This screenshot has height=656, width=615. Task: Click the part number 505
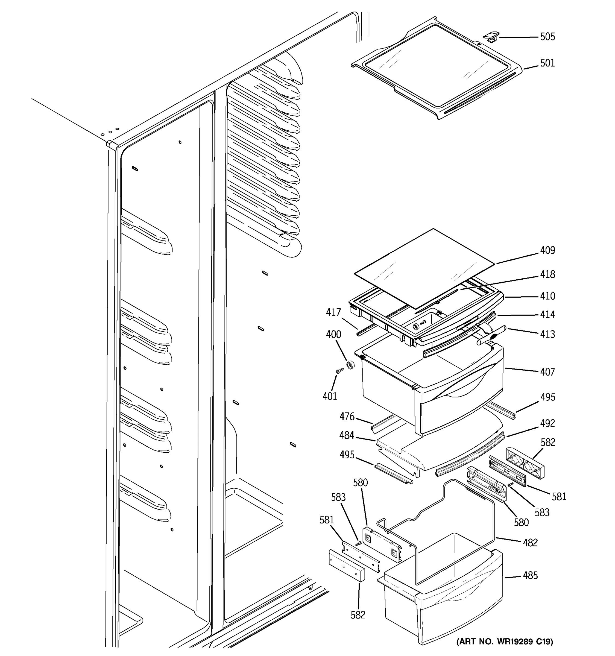tap(547, 37)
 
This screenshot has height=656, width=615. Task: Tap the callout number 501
tap(547, 63)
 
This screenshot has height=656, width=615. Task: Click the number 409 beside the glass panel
tap(547, 250)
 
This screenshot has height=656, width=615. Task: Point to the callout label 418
tap(547, 274)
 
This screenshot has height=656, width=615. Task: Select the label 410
tap(547, 296)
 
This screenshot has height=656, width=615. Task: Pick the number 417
tap(333, 312)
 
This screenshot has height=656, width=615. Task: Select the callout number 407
tap(547, 372)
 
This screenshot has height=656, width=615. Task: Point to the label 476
tap(347, 417)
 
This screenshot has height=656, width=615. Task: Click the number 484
tap(347, 436)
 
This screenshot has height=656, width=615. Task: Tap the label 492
tap(547, 423)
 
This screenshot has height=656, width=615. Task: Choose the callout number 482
tap(530, 543)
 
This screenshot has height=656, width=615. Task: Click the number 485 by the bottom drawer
tap(530, 575)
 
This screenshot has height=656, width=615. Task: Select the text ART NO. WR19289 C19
tap(505, 642)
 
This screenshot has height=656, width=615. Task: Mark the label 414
tap(547, 315)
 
